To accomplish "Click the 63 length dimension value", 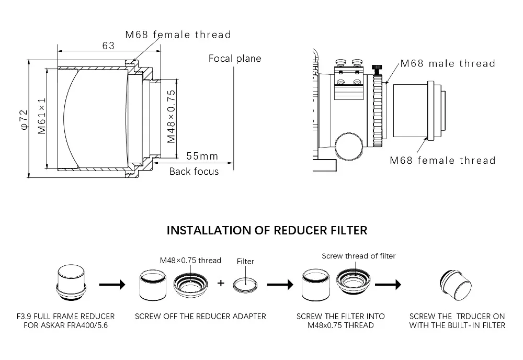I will click(108, 46).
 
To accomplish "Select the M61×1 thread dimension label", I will click(42, 117).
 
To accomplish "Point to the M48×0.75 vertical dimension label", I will click(171, 116).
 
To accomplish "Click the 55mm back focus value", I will click(202, 156).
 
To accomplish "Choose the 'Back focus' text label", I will click(194, 171).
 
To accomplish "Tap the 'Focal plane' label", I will click(234, 58).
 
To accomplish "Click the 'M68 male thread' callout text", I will click(447, 63).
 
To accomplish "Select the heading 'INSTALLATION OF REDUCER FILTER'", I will click(267, 230).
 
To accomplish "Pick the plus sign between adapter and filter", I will click(221, 283).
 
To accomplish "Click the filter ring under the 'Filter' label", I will click(245, 283).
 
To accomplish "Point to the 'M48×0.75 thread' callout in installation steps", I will click(190, 261).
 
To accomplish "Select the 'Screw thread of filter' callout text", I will click(358, 256).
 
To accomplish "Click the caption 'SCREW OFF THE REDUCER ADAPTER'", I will click(200, 316).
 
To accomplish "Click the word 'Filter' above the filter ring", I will click(245, 261).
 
